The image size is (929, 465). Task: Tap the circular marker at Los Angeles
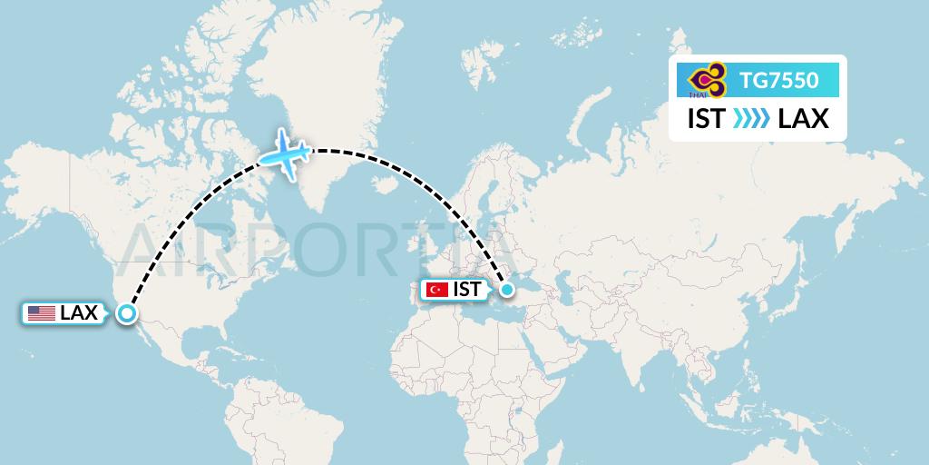click(127, 314)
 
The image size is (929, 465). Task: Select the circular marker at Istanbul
click(507, 290)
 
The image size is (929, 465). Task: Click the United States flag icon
click(41, 313)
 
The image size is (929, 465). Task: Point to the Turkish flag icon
click(437, 290)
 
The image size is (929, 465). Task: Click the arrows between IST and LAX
click(751, 119)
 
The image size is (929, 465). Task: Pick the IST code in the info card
click(706, 119)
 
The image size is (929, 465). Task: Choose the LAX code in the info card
click(804, 119)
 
